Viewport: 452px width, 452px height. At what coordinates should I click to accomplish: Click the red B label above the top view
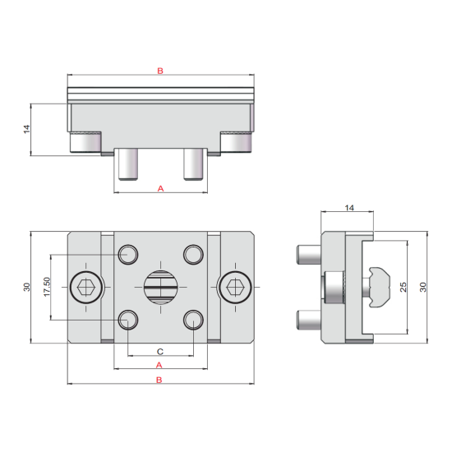click(160, 71)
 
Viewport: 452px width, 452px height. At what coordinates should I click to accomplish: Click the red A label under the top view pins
click(160, 188)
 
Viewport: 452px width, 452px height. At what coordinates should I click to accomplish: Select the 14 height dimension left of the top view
click(26, 129)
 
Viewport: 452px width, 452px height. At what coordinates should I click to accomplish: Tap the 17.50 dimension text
click(47, 287)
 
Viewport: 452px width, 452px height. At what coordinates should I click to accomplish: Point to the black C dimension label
click(160, 352)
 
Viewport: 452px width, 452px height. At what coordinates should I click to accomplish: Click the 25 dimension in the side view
click(404, 287)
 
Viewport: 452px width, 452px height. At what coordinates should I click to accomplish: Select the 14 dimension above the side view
click(349, 208)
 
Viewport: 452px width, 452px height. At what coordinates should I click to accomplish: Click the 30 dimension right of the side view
click(422, 287)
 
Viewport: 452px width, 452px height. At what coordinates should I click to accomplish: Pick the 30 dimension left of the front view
click(26, 287)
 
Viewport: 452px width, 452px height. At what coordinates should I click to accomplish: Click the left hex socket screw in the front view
click(86, 287)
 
